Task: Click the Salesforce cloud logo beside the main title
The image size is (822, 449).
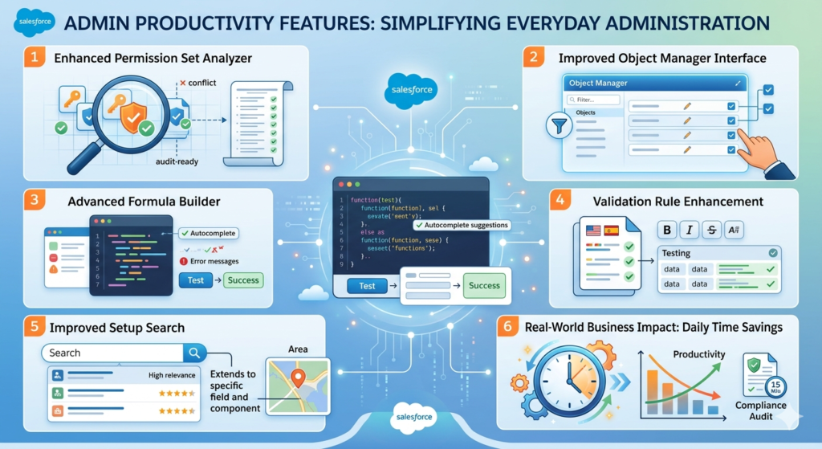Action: coord(35,22)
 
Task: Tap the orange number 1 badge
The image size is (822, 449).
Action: coord(33,59)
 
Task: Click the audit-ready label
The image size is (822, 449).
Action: coord(177,161)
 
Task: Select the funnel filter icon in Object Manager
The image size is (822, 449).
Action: coord(555,125)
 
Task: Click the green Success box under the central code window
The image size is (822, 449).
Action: coord(484,286)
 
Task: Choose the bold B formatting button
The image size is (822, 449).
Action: coord(666,230)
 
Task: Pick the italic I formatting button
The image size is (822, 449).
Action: coord(689,230)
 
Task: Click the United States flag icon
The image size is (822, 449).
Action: coord(593,230)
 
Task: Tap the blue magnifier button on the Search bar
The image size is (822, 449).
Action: coord(195,353)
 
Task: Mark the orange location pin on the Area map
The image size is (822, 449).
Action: coord(297,377)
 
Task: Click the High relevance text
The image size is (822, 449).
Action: coord(172,375)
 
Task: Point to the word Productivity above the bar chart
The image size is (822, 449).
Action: coord(698,354)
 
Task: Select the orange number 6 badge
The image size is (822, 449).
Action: coord(507,327)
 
